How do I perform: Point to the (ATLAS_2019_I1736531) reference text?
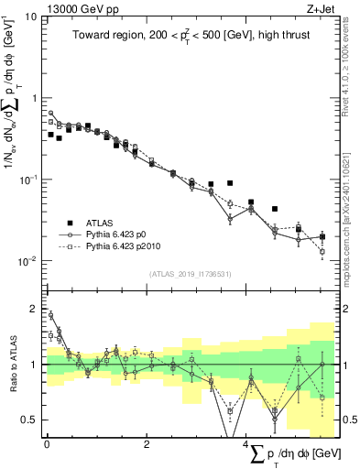pos(190,274)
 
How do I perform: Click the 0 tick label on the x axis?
pos(47,444)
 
